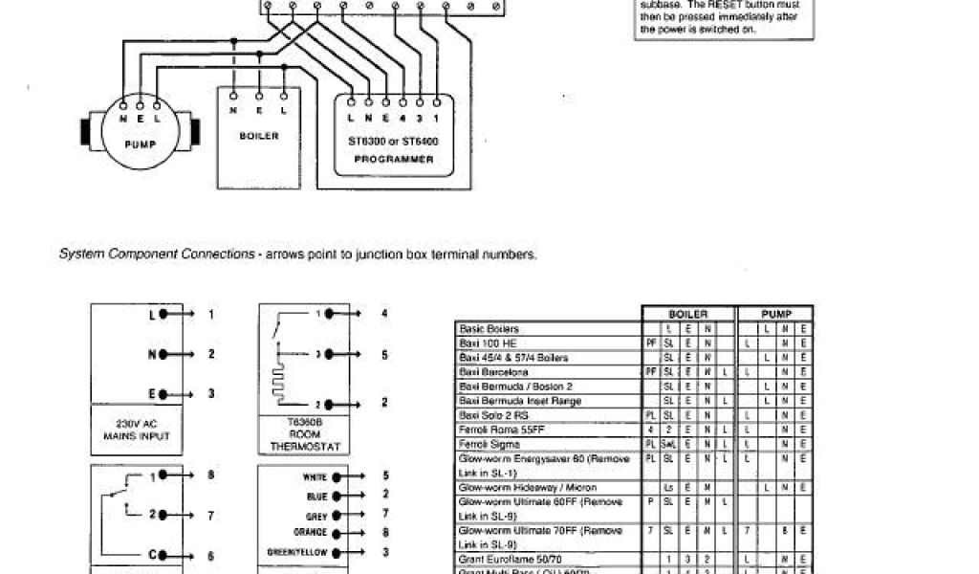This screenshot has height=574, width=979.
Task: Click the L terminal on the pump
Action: pos(157,119)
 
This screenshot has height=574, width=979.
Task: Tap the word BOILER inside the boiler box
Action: pos(258,136)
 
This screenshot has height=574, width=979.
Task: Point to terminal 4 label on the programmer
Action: pos(402,118)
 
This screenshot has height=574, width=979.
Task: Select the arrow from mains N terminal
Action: pos(185,353)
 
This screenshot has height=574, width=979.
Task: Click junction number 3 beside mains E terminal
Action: pos(211,393)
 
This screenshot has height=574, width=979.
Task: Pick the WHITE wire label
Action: pos(315,477)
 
